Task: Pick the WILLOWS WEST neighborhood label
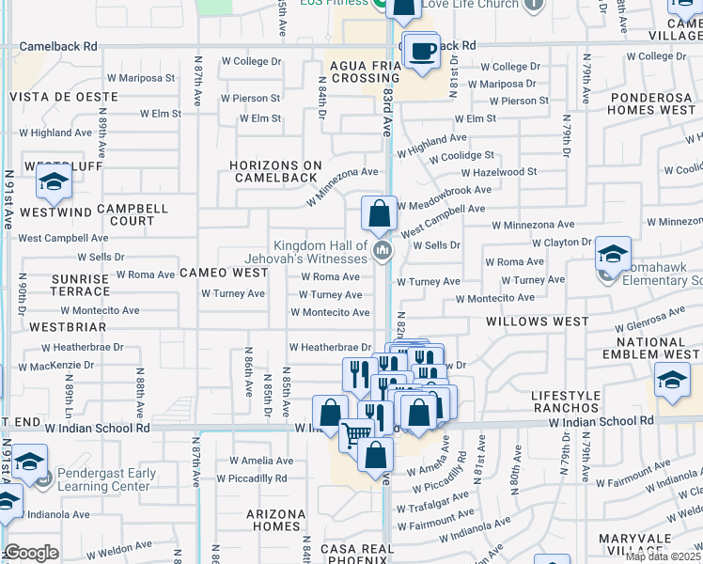[537, 321]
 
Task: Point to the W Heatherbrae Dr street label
[330, 347]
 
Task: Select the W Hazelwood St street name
[498, 172]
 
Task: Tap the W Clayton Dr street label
[561, 243]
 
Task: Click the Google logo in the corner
[31, 553]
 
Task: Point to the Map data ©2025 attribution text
[663, 556]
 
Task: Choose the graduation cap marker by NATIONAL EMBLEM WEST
[672, 382]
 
